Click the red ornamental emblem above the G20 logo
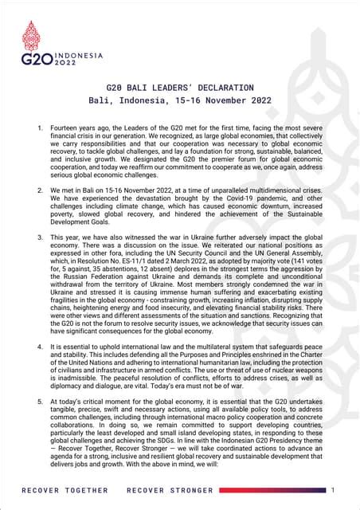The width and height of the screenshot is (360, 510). (x=32, y=36)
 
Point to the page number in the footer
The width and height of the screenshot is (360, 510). (x=332, y=488)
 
